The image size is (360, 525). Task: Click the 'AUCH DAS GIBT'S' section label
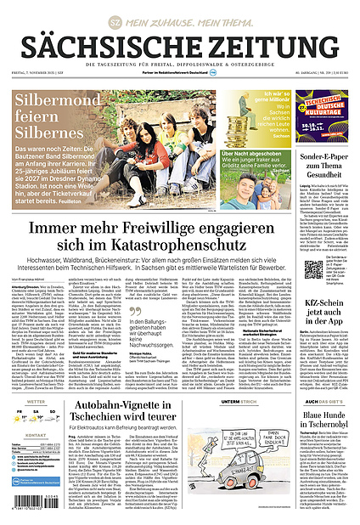pyautogui.click(x=322, y=400)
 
